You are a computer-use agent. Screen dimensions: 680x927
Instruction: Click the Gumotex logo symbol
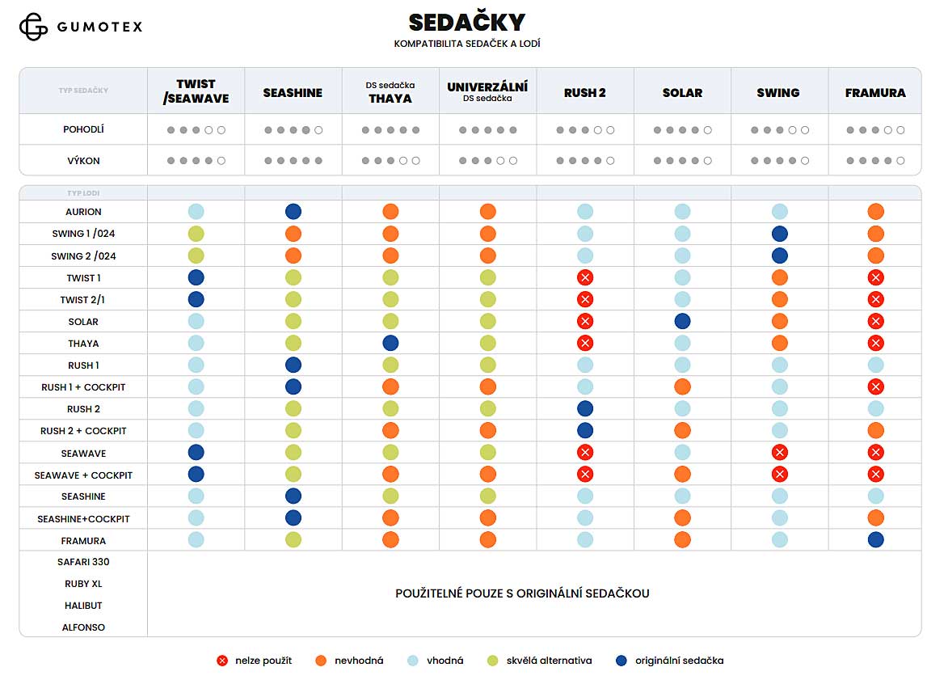pos(33,27)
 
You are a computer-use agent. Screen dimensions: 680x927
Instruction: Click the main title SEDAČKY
pos(466,22)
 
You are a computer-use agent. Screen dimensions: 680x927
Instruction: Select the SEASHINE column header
pos(293,93)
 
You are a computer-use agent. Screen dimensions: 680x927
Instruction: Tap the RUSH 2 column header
pos(585,93)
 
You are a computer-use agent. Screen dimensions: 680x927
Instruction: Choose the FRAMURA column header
pos(875,93)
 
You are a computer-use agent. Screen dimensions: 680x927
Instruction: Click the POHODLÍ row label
pos(83,129)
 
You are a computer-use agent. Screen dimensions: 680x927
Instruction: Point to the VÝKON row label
pos(83,161)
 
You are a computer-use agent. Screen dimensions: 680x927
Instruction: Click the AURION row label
pos(83,212)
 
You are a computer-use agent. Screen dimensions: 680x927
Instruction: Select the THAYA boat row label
pos(83,344)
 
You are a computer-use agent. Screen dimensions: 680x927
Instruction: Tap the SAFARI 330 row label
pos(83,562)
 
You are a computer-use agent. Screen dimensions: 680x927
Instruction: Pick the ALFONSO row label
pos(83,627)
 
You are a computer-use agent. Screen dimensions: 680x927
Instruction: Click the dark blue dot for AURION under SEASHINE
pos(293,212)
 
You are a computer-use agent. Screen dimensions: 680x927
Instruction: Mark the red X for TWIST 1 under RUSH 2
pos(585,278)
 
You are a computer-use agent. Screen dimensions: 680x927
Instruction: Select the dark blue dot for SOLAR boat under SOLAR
pos(682,322)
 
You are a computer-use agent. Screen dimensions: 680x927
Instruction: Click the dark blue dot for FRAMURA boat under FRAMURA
pos(875,540)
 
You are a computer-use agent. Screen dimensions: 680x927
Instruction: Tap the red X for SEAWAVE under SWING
pos(779,453)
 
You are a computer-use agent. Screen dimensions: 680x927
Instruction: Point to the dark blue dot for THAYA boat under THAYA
pos(390,344)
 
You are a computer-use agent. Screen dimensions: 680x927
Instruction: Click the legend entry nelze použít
pos(255,661)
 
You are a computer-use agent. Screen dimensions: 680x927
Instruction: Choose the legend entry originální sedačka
pos(669,661)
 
